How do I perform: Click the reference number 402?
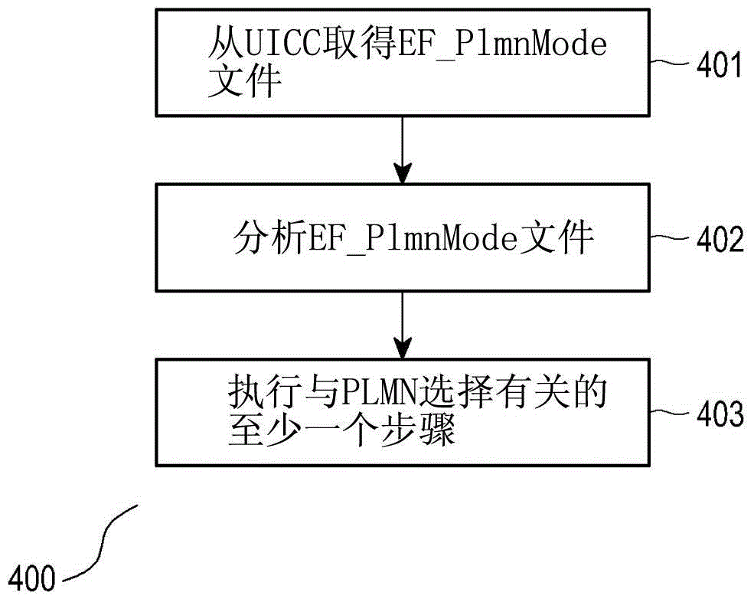719,241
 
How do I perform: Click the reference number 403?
719,415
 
